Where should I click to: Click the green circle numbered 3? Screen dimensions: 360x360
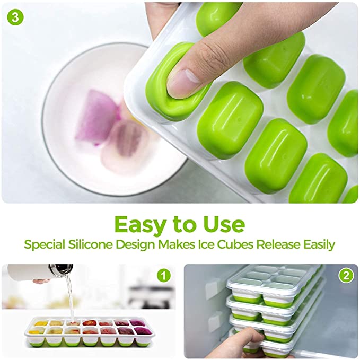point(15,17)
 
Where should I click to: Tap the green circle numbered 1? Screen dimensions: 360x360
point(164,275)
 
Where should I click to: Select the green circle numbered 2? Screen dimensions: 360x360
point(346,275)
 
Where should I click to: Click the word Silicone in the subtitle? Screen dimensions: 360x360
point(90,244)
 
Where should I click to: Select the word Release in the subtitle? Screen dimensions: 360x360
point(278,244)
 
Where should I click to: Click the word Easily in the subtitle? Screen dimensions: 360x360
point(319,245)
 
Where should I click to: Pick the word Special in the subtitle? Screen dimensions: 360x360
point(45,245)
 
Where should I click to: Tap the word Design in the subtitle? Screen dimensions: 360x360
point(135,245)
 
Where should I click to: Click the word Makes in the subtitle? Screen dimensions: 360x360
point(177,244)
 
